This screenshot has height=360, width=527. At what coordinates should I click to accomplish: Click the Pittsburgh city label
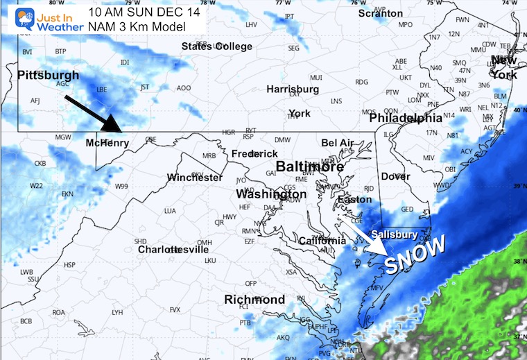48,75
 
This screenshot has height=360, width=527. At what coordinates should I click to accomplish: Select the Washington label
270,194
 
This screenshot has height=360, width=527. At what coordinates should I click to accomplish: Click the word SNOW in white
414,255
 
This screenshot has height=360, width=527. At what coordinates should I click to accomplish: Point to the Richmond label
254,300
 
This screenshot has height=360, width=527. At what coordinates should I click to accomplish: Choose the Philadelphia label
406,119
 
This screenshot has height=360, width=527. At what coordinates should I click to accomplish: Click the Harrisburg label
293,89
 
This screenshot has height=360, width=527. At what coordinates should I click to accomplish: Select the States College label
217,46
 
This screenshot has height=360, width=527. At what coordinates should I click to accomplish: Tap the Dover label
395,177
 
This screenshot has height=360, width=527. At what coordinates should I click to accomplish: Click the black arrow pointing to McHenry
93,113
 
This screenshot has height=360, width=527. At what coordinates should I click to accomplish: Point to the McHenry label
107,143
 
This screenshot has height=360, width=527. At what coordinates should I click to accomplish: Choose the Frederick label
254,153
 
